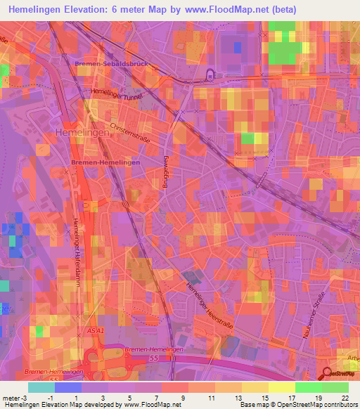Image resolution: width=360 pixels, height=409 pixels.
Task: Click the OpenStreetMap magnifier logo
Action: click(x=328, y=375)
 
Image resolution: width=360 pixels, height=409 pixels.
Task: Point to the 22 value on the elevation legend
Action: click(x=345, y=398)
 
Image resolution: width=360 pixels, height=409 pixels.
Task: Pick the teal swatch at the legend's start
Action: click(x=41, y=387)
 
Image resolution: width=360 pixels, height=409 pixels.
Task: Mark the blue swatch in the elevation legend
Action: click(x=68, y=387)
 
